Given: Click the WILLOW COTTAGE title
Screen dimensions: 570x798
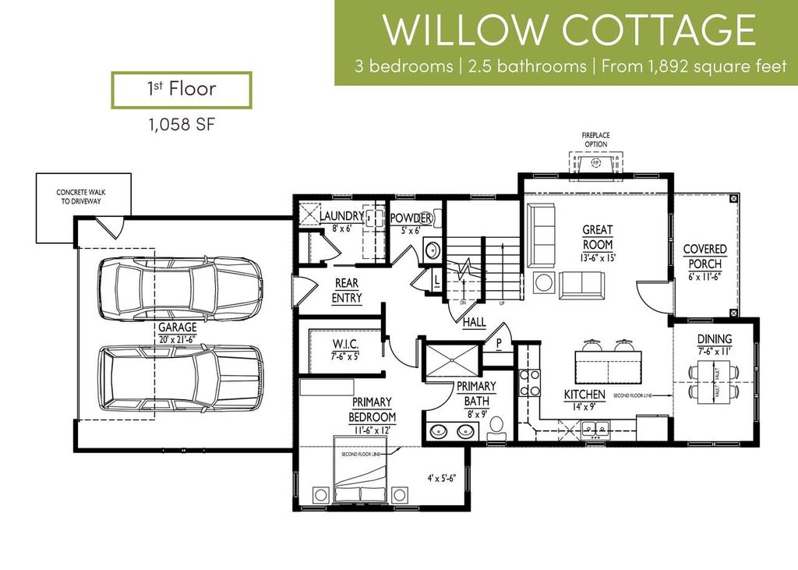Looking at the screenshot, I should pos(569,30).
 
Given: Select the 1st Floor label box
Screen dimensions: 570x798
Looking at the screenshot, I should pos(182,89).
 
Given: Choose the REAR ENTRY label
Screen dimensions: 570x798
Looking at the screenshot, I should pos(347,291).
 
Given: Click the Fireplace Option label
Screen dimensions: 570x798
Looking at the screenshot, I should pos(595,140).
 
